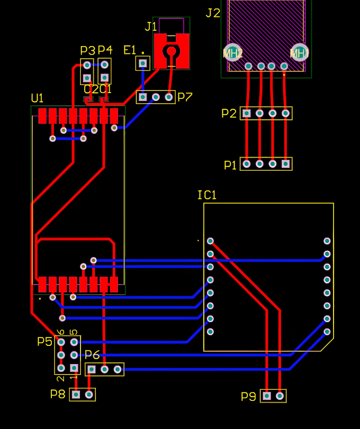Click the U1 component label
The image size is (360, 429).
point(37,98)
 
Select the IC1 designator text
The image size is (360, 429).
point(207,195)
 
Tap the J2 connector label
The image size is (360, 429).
point(213,13)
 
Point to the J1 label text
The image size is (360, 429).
point(151,26)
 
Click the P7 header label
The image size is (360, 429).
point(185,97)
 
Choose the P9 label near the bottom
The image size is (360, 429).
point(248,396)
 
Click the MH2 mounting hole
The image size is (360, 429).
point(232,53)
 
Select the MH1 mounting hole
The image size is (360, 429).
point(299,52)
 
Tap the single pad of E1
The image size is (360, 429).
point(142,63)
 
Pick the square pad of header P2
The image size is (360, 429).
point(247,113)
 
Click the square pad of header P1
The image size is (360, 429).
point(286,164)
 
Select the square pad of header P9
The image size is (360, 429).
point(267,396)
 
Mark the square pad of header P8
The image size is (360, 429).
point(77,394)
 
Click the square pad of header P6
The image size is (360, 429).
point(92,369)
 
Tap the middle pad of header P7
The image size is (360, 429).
point(156,97)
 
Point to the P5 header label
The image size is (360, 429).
point(45,341)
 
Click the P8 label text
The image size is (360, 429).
point(58,394)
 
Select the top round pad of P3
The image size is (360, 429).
point(87,65)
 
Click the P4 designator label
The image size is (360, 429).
point(105,50)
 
